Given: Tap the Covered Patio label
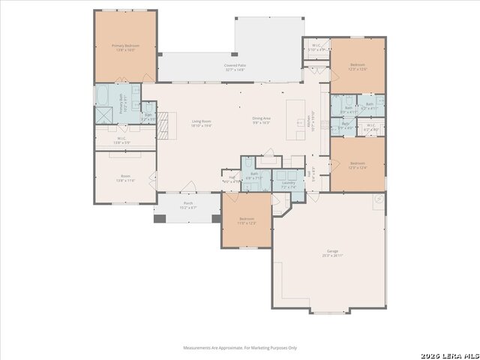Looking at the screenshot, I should [x=235, y=67].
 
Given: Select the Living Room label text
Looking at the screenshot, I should [x=201, y=124].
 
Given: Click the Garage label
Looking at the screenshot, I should [x=332, y=253].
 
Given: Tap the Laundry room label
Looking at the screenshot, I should [x=288, y=184].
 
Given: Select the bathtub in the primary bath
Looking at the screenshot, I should [x=105, y=95].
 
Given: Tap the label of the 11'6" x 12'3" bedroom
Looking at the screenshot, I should [x=247, y=221].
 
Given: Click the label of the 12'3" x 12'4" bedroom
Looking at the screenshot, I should [x=358, y=165].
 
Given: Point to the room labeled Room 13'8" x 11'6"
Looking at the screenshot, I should [x=124, y=178].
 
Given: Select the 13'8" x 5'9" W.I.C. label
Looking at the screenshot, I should [x=124, y=140].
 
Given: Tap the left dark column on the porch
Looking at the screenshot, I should [x=160, y=218].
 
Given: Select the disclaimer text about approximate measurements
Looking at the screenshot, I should [x=240, y=347].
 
